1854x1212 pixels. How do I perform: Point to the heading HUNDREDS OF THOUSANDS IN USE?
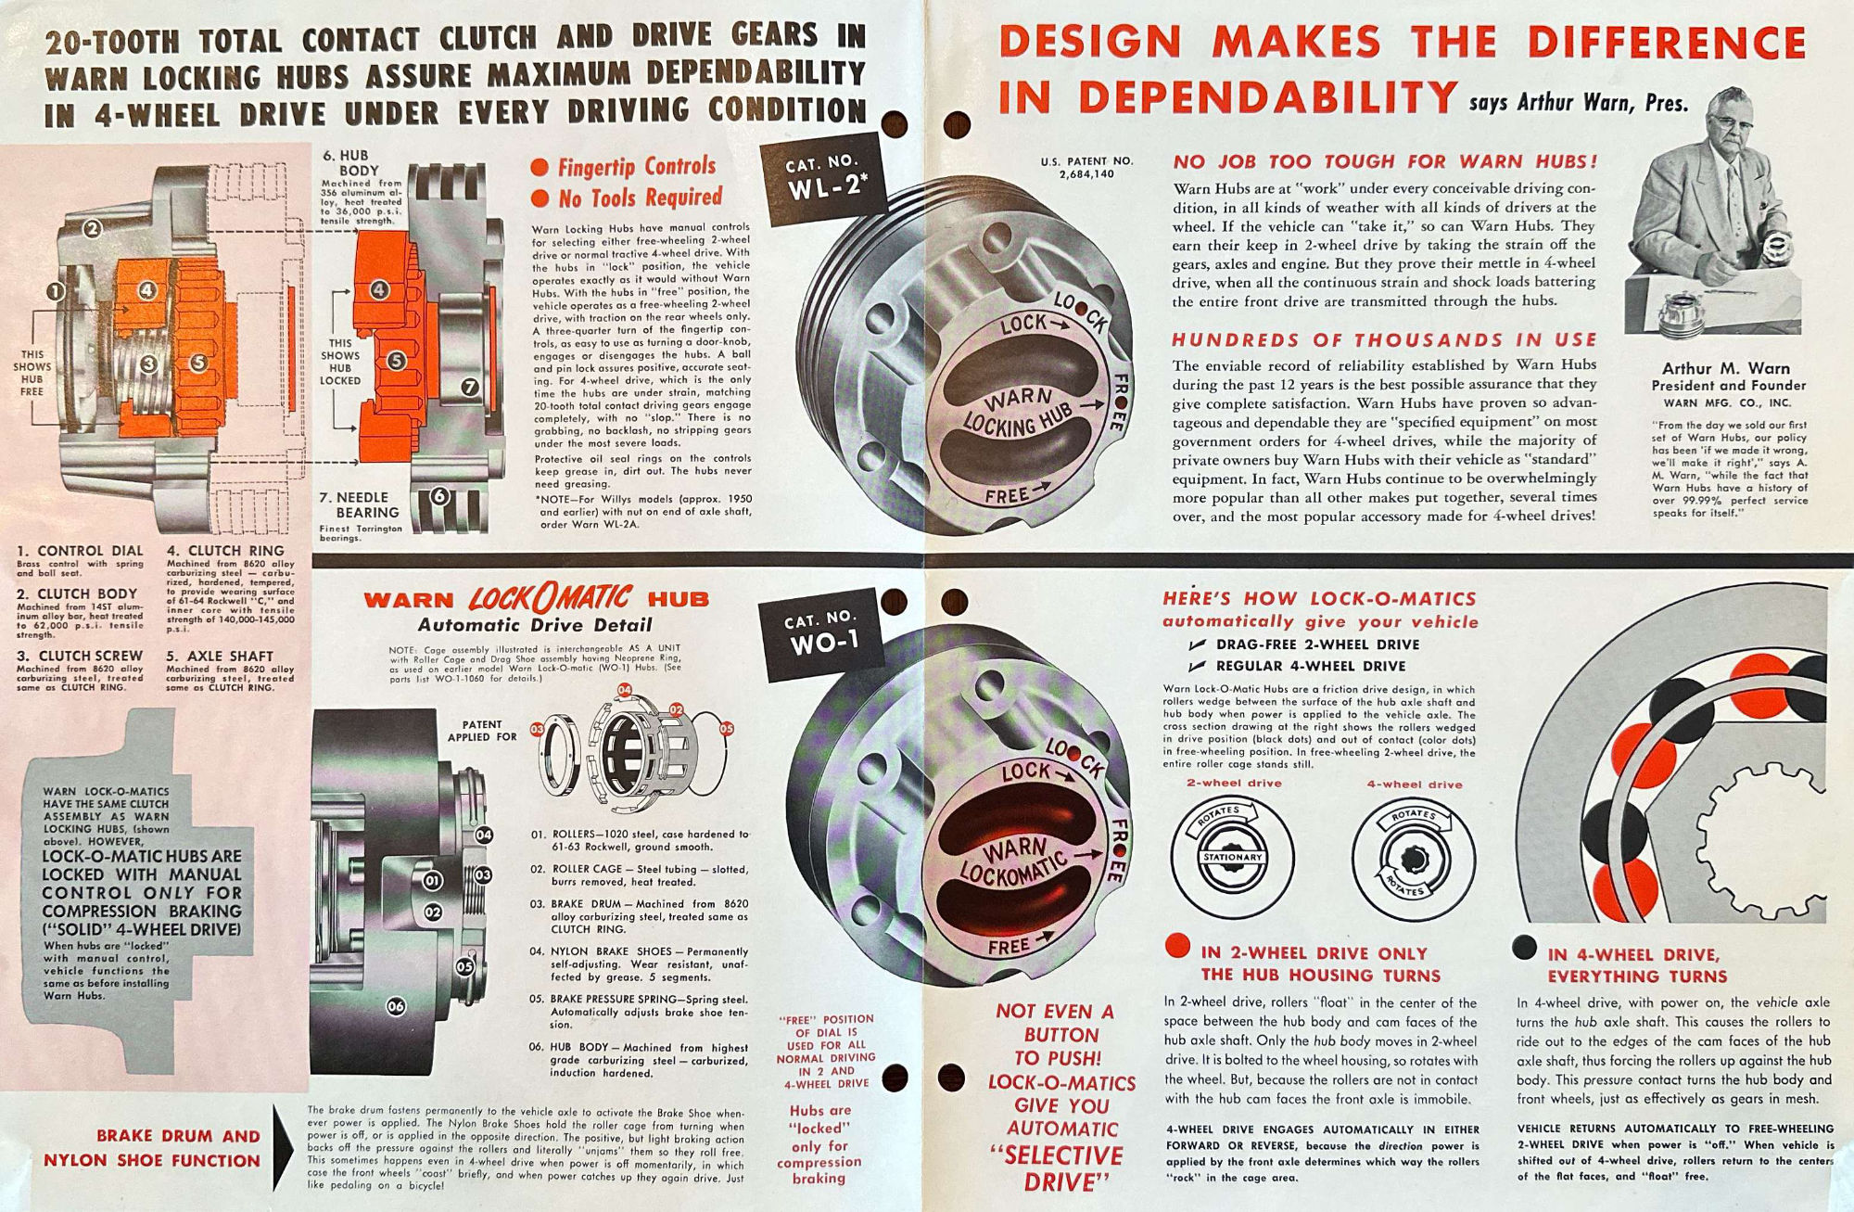[x=1385, y=340]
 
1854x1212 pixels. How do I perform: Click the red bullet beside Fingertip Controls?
[x=540, y=168]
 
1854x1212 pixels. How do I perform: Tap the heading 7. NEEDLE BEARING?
[x=362, y=504]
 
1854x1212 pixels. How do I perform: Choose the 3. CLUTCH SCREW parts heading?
[x=80, y=656]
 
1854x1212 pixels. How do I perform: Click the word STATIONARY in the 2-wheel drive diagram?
[x=1232, y=857]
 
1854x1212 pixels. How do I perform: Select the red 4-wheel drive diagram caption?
[x=1414, y=785]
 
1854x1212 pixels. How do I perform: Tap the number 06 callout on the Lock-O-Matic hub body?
[x=396, y=1006]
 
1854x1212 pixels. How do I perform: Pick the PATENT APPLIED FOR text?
[x=482, y=731]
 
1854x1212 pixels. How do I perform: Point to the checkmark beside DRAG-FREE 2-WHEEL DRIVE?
[x=1198, y=644]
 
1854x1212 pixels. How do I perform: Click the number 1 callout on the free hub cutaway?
[x=55, y=292]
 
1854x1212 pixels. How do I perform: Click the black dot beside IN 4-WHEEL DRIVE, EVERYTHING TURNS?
[x=1524, y=947]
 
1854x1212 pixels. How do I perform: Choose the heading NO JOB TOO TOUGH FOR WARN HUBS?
[x=1385, y=161]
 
